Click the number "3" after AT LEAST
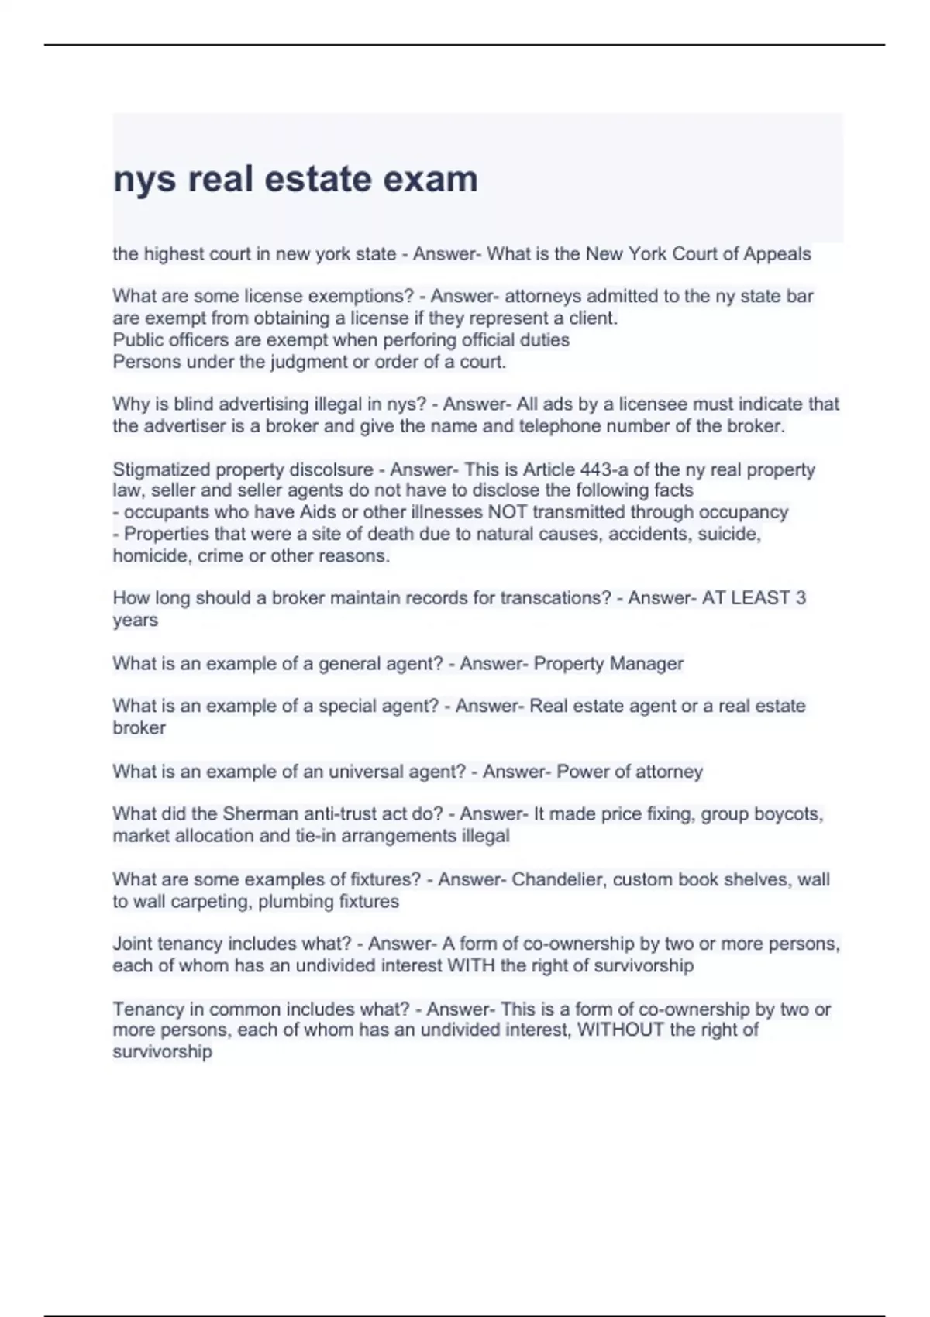tap(801, 598)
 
